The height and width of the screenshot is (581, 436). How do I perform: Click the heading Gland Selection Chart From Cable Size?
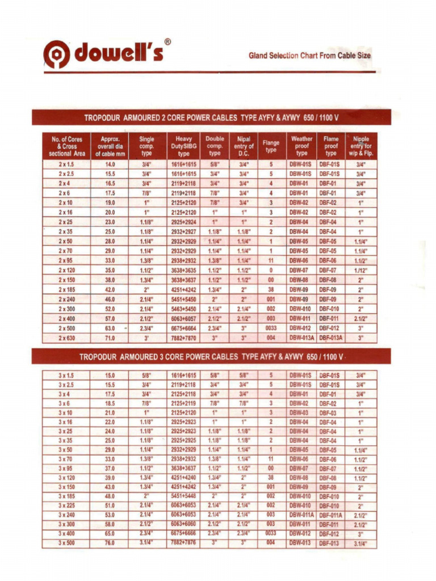point(309,56)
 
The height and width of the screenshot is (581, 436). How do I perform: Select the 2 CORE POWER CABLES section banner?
point(211,117)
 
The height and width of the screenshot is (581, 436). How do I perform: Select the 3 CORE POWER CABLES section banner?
point(211,357)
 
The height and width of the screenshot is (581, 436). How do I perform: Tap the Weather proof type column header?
point(301,146)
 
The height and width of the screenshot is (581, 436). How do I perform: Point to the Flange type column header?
point(271,146)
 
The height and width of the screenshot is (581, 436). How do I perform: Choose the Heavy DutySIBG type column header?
point(183,146)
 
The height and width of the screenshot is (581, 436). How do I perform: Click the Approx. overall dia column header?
point(110,146)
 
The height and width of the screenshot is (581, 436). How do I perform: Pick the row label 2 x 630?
point(66,338)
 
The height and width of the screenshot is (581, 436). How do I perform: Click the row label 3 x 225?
point(66,505)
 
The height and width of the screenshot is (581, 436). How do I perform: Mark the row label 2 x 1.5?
point(66,164)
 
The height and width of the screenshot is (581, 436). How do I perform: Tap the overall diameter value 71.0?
point(110,338)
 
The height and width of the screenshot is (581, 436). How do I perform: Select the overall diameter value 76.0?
point(110,542)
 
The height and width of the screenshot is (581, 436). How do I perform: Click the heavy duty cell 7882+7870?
point(183,338)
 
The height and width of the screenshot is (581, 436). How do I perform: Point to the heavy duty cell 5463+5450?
point(183,309)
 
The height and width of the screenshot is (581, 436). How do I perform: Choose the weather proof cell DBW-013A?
point(301,338)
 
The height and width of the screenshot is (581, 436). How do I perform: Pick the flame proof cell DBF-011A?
point(331,515)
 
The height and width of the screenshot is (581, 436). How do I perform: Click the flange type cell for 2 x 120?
point(271,270)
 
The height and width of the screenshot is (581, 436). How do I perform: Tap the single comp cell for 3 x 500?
point(146,542)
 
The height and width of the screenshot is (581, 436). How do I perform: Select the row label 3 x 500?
point(66,542)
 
